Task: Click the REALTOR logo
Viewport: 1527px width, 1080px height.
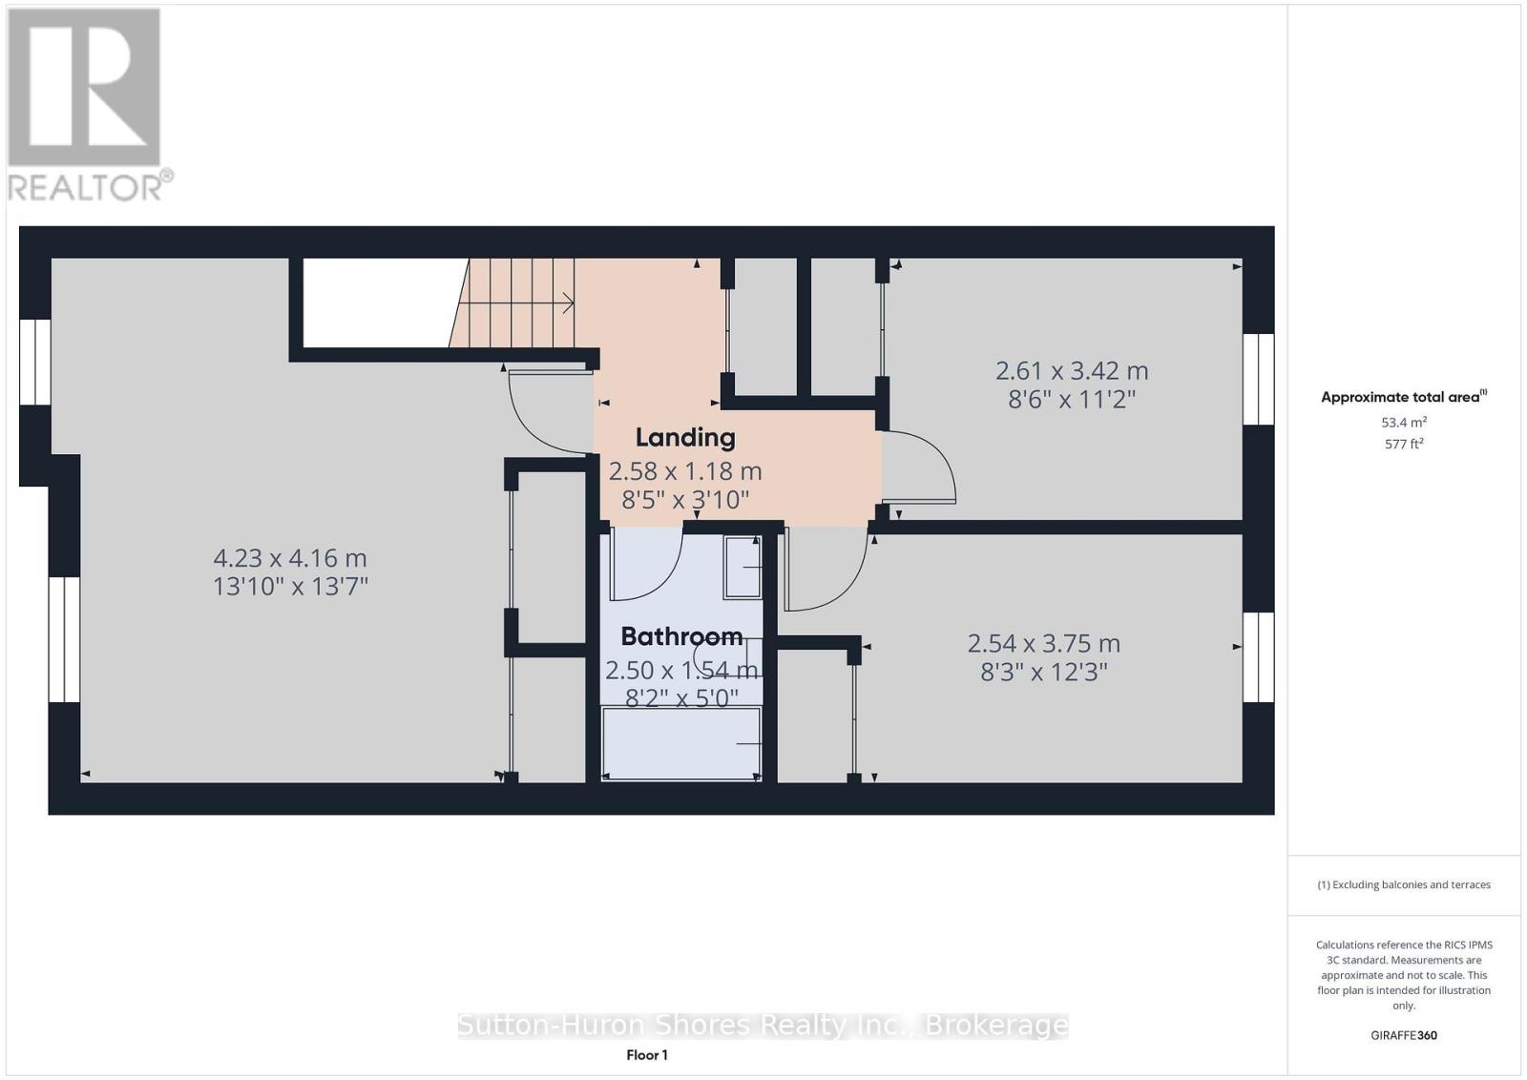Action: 90,106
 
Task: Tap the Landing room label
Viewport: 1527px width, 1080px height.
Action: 685,438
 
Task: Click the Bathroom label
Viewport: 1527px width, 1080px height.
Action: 681,636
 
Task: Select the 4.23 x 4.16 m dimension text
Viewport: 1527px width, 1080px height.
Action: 290,558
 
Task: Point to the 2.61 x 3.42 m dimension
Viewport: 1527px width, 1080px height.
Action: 1072,371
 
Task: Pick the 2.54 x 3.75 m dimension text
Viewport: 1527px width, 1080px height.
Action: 1044,643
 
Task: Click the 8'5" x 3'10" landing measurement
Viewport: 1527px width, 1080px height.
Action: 685,500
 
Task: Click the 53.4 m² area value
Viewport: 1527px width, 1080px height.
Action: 1404,422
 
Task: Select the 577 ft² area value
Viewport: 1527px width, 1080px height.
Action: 1404,444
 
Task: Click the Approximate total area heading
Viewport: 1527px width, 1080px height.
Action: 1404,397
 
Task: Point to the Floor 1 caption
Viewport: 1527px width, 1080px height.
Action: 647,1055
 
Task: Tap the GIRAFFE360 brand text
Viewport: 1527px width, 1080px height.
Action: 1404,1035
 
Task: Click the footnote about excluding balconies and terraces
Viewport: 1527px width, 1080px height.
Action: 1404,884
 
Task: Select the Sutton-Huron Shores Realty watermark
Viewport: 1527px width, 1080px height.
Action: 763,1025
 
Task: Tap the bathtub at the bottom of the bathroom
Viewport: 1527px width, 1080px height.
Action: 681,743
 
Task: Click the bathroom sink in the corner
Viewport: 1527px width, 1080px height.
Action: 743,567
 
